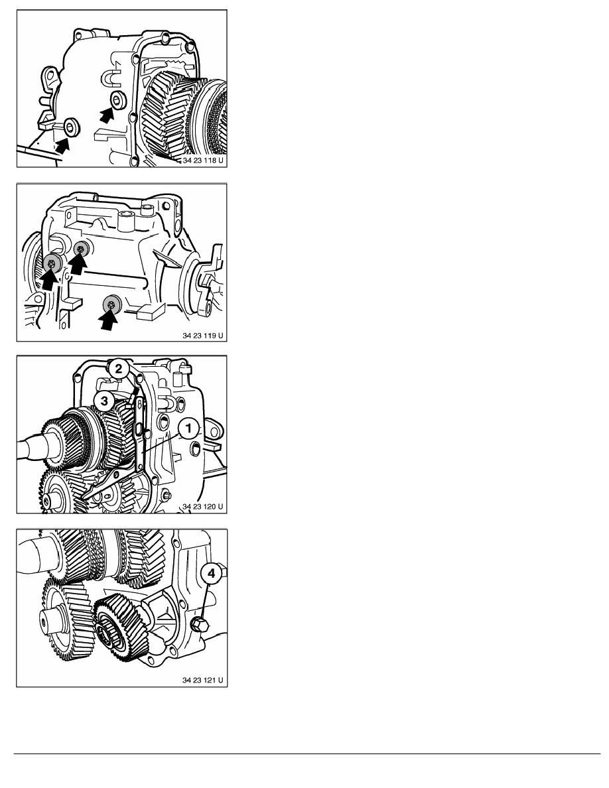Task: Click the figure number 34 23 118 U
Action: (203, 161)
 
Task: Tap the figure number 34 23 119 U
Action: (203, 336)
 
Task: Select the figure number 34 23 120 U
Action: (203, 507)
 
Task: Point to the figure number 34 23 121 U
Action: (203, 681)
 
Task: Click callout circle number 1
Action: (188, 428)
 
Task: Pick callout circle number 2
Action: (118, 369)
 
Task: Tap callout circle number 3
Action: (104, 401)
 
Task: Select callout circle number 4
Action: (211, 573)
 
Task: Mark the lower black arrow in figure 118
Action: (62, 145)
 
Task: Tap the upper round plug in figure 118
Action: (119, 99)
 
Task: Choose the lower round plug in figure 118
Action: (72, 126)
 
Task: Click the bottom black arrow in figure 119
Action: (107, 320)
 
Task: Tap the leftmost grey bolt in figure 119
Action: (52, 262)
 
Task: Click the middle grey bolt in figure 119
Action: (81, 249)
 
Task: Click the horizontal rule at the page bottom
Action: (307, 754)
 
